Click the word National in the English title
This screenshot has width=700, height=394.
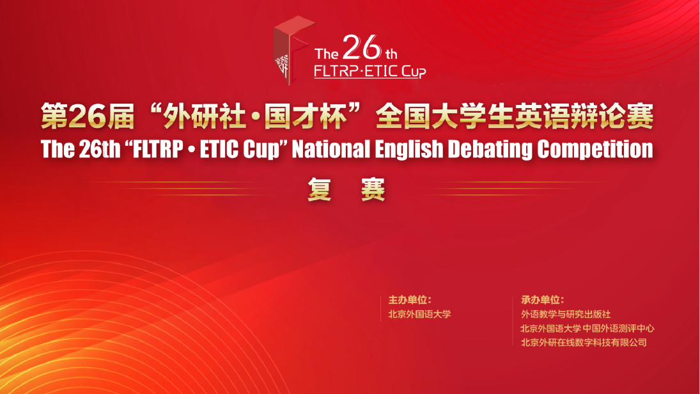click(331, 149)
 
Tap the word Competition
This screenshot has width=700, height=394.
click(595, 150)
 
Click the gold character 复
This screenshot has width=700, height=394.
click(320, 189)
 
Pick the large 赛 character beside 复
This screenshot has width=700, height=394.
click(373, 189)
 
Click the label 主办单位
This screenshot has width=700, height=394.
click(409, 300)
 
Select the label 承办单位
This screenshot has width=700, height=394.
click(542, 300)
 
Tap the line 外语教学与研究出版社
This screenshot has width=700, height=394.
click(566, 314)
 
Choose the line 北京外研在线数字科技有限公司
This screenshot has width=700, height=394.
click(584, 343)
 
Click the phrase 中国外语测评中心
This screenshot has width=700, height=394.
click(618, 328)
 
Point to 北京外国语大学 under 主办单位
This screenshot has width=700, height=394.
click(419, 314)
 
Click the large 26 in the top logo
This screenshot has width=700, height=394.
click(362, 47)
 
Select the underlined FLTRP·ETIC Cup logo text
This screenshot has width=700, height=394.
click(369, 72)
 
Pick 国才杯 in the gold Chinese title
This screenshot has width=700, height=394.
click(306, 116)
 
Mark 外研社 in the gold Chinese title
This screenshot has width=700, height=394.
click(204, 116)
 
